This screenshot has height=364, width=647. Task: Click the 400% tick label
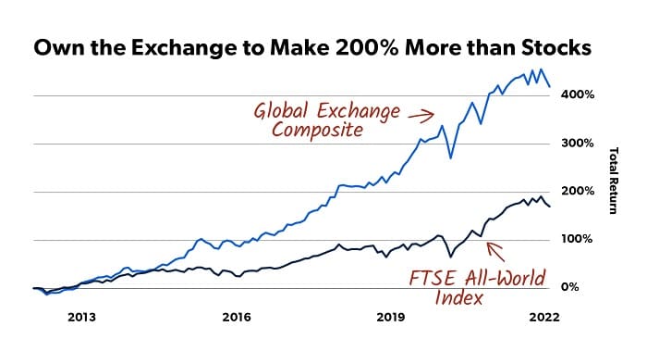575,95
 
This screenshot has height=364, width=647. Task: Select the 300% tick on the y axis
575,144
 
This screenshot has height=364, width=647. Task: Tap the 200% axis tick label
575,192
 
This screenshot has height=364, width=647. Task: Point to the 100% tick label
575,240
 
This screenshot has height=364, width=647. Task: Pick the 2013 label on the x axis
81,317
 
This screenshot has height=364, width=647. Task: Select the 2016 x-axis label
237,317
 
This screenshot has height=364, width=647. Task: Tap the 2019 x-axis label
392,317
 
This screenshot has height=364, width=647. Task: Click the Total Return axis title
612,181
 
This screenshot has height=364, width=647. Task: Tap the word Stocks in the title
557,49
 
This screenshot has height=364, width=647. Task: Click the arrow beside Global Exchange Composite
421,116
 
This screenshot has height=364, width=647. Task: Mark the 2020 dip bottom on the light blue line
450,158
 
